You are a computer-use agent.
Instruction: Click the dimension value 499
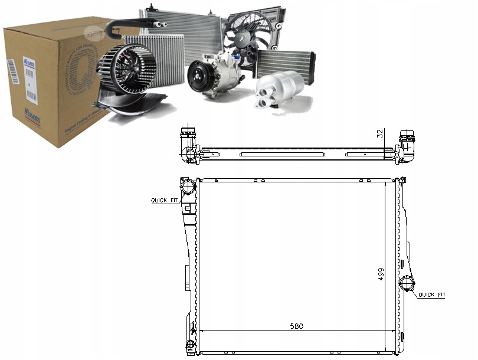(x=382, y=274)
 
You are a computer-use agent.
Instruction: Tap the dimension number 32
(x=381, y=134)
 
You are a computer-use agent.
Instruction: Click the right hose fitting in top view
(x=407, y=145)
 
